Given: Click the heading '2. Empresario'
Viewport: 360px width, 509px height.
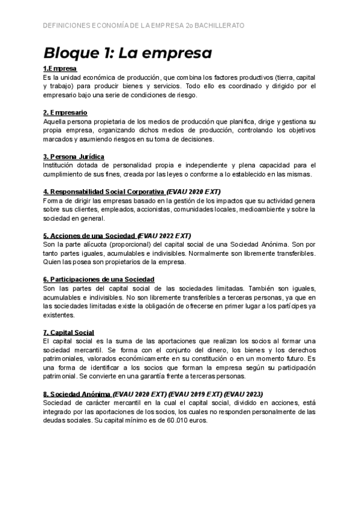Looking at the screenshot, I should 65,113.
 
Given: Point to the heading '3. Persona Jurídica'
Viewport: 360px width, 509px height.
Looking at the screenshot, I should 74,157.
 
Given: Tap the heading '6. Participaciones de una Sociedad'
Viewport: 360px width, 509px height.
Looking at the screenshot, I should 99,279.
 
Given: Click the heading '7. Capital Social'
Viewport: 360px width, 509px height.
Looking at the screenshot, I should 68,332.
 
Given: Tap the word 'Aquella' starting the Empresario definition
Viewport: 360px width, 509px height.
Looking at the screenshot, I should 56,122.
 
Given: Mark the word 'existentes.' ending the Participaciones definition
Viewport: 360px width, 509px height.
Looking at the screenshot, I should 59,315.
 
